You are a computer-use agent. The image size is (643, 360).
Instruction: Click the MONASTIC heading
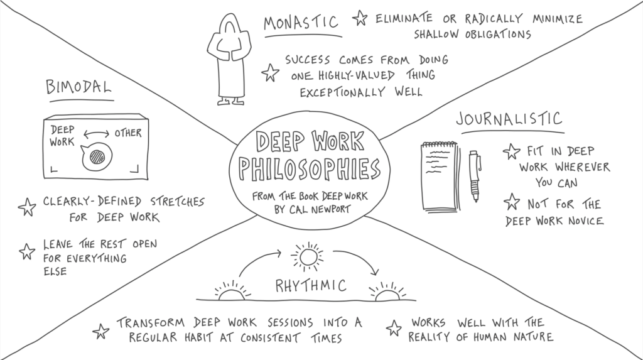point(301,22)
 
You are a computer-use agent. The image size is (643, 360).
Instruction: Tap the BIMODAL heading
point(78,87)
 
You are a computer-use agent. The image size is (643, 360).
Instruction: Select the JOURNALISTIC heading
point(509,119)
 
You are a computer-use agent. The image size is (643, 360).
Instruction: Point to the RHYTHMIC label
point(311,285)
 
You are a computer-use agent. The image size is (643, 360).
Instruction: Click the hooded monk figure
point(230,59)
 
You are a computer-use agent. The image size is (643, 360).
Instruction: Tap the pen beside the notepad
point(475,176)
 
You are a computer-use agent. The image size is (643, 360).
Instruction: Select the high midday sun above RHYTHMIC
point(307,257)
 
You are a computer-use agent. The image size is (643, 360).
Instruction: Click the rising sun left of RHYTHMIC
point(232,291)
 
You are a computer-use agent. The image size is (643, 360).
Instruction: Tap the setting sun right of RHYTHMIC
point(387,292)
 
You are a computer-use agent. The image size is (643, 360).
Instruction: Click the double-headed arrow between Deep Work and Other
point(96,134)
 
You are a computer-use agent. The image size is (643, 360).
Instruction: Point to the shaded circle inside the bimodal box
point(97,157)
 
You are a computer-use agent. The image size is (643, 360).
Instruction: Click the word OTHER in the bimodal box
point(128,133)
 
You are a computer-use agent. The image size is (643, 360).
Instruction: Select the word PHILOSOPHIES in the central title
point(310,169)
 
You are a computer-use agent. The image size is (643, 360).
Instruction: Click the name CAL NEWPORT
point(325,209)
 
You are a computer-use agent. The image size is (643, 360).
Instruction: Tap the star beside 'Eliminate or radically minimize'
point(360,18)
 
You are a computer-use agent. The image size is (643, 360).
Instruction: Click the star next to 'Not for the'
point(512,202)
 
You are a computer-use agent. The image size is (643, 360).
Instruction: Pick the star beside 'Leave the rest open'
point(27,252)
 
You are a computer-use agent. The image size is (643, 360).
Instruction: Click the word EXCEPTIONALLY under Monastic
point(342,92)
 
